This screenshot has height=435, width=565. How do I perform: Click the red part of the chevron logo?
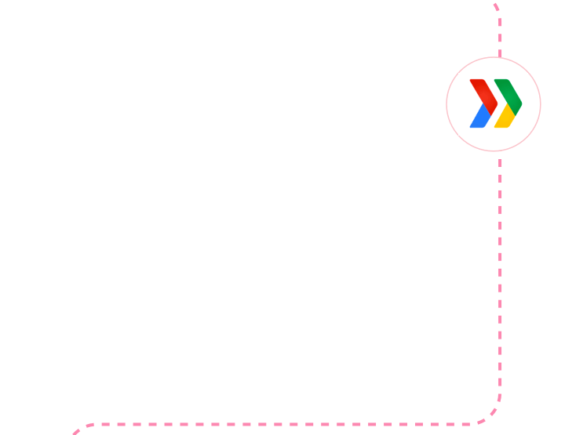click(482, 90)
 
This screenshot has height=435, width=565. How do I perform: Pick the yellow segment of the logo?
click(505, 118)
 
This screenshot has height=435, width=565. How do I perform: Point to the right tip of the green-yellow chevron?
click(521, 103)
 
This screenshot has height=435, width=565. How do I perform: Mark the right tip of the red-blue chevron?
click(497, 103)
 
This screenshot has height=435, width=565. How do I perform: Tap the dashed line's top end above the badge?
click(494, 5)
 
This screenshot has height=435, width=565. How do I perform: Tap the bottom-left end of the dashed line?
click(75, 432)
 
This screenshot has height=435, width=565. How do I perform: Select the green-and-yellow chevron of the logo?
click(508, 103)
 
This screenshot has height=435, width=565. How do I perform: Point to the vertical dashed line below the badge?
click(500, 274)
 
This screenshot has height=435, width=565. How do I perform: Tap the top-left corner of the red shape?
click(471, 81)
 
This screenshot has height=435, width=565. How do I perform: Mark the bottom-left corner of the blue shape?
click(471, 126)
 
